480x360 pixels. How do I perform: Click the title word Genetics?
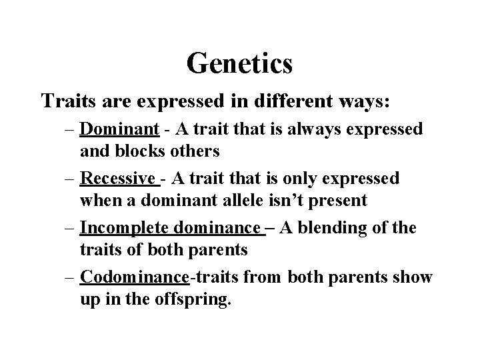pos(239,64)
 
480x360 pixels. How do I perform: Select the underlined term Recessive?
pos(118,179)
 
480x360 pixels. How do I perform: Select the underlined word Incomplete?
pos(124,228)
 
